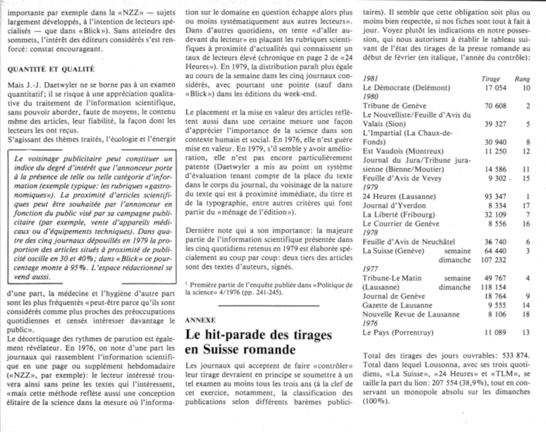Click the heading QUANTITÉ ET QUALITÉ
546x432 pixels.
(51, 69)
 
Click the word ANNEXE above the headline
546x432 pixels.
(200, 320)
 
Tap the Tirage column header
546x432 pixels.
(491, 79)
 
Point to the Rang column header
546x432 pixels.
(522, 79)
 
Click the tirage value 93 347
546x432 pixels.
(495, 196)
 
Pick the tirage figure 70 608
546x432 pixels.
(495, 106)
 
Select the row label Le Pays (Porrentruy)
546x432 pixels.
(398, 333)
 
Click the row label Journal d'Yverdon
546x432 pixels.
(394, 205)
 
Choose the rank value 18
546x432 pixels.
(526, 314)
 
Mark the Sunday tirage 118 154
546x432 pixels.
(493, 287)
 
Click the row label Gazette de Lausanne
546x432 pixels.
(397, 305)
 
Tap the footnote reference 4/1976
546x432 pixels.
(229, 292)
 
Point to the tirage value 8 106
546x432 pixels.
(497, 314)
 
